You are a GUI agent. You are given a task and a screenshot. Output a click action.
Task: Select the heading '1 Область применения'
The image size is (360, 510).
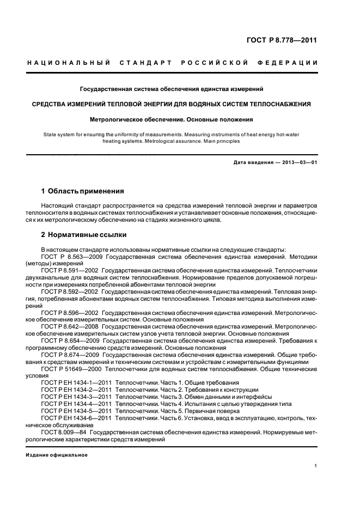[83, 191]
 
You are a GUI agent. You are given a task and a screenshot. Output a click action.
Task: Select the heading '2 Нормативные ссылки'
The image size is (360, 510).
[84, 235]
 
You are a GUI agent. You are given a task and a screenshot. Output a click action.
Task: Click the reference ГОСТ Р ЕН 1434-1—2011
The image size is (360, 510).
[76, 383]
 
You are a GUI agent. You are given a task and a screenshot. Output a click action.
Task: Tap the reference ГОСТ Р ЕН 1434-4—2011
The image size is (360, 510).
[76, 404]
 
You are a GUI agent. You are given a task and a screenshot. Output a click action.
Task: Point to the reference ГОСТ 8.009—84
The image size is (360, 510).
[65, 432]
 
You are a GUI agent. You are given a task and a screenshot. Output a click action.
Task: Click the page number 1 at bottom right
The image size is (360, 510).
[316, 466]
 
